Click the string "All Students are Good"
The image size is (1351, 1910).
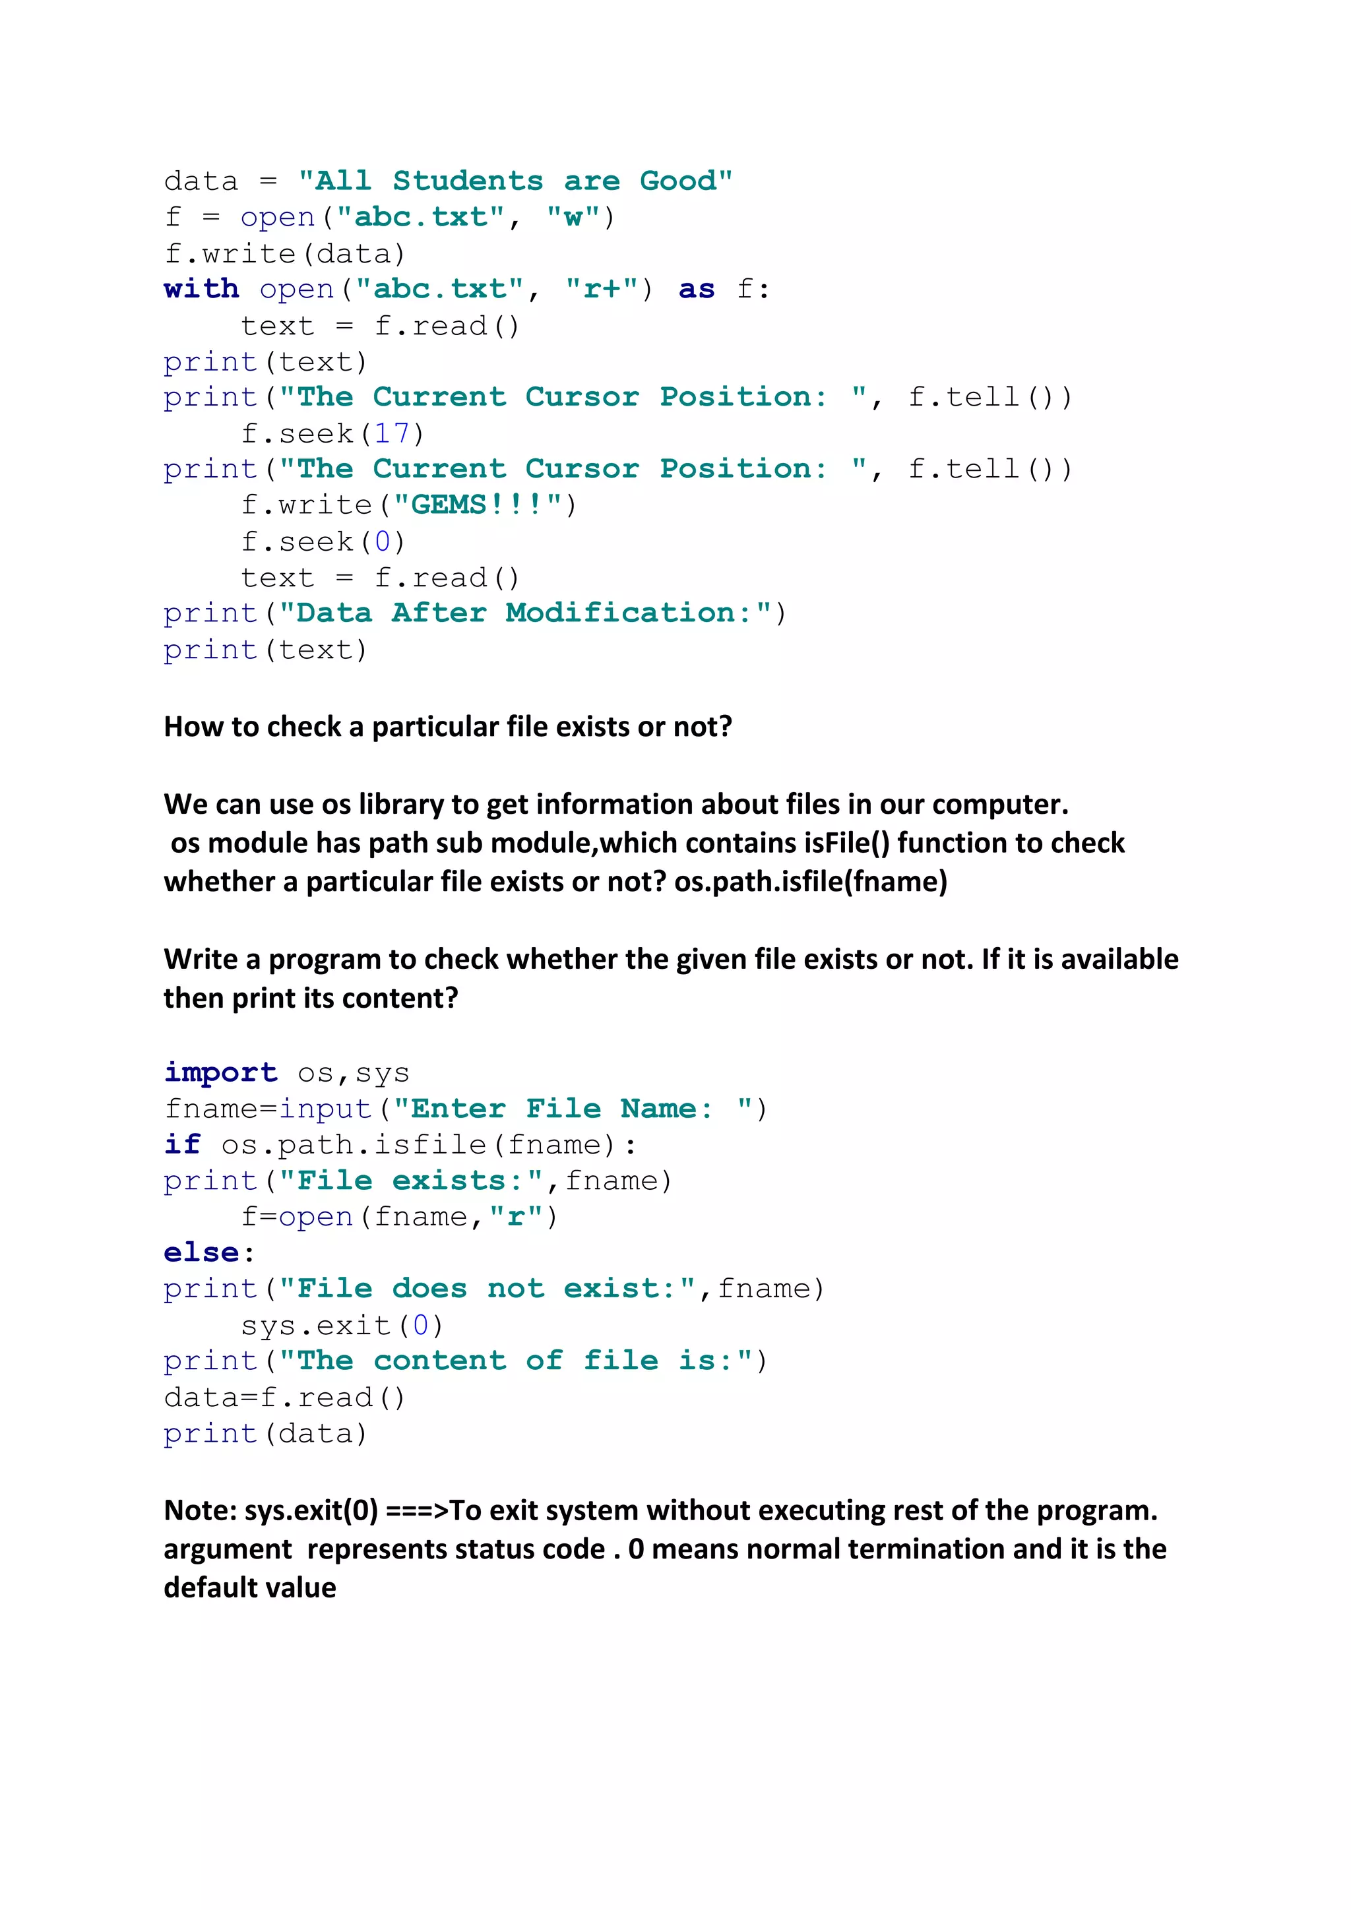pyautogui.click(x=515, y=181)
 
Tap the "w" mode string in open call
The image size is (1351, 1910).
pyautogui.click(x=573, y=218)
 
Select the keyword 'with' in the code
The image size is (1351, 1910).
pyautogui.click(x=201, y=290)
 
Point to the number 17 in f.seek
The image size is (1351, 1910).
pyautogui.click(x=392, y=433)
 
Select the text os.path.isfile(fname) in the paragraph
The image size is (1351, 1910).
pyautogui.click(x=810, y=882)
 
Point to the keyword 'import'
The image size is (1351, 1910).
pyautogui.click(x=220, y=1073)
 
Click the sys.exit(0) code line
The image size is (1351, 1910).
pyautogui.click(x=342, y=1325)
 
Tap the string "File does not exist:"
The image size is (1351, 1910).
pyautogui.click(x=487, y=1289)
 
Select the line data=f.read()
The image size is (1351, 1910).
pyautogui.click(x=284, y=1398)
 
